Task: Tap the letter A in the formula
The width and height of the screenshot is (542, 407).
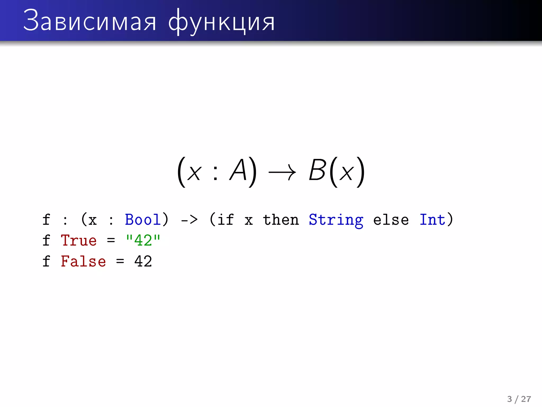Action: point(238,170)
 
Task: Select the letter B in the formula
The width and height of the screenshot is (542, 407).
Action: point(317,170)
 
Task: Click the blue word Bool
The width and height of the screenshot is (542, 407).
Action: point(143,220)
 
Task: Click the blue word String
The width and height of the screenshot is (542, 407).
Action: point(336,220)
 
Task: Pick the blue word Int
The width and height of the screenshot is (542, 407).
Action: point(432,220)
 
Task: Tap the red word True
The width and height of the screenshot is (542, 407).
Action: point(79,241)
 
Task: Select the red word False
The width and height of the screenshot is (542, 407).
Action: point(83,261)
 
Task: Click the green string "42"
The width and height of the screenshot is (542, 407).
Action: point(143,240)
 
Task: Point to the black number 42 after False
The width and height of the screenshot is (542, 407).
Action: point(143,261)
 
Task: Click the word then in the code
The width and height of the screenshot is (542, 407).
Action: point(281,220)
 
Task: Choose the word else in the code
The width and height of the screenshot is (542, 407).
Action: point(391,220)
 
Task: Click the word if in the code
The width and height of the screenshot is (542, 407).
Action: point(225,220)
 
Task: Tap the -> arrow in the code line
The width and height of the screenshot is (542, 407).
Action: point(189,220)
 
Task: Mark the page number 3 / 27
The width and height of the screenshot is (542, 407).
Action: point(519,399)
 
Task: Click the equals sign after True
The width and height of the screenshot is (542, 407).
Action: point(111,241)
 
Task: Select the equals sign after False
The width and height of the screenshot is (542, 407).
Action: point(120,261)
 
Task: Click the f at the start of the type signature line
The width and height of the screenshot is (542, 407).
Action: point(46,220)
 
